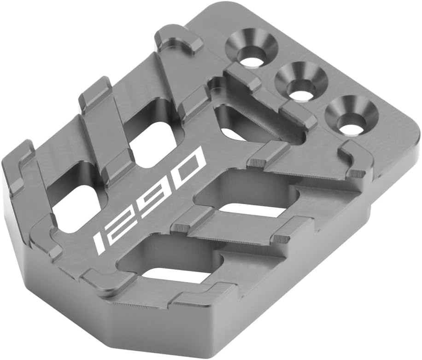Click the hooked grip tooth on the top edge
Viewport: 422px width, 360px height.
click(180, 41)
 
